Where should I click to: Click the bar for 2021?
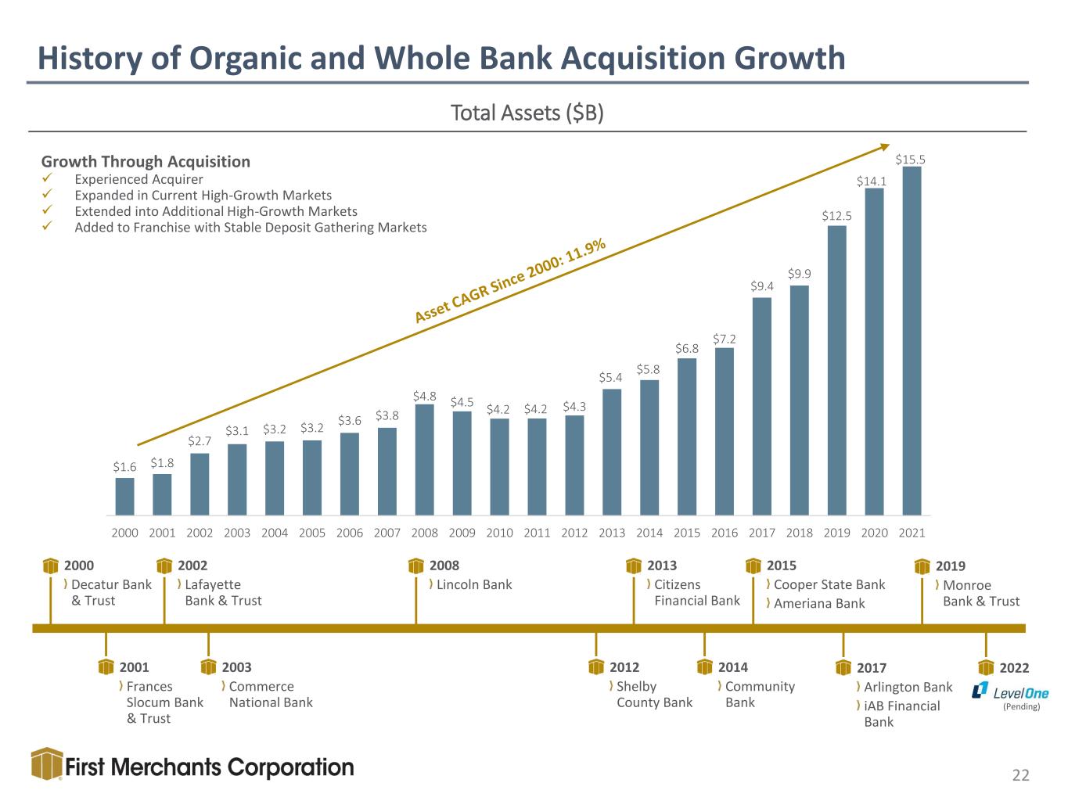pyautogui.click(x=912, y=340)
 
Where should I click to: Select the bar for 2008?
pyautogui.click(x=424, y=460)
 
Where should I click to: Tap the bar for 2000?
pyautogui.click(x=124, y=497)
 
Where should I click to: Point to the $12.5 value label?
pyautogui.click(x=836, y=215)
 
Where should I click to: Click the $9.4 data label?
pyautogui.click(x=761, y=286)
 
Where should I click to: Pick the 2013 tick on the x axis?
pyautogui.click(x=612, y=533)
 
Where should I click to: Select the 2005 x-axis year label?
pyautogui.click(x=312, y=533)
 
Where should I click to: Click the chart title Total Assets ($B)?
pyautogui.click(x=527, y=113)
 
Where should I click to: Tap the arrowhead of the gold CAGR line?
pyautogui.click(x=885, y=147)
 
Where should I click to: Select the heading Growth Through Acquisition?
pyautogui.click(x=146, y=161)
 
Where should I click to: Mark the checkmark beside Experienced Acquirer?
pyautogui.click(x=47, y=178)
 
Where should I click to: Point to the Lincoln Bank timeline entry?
pyautogui.click(x=474, y=584)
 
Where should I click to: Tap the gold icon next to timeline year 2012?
pyautogui.click(x=596, y=666)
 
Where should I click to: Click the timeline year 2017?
pyautogui.click(x=872, y=668)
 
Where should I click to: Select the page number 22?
pyautogui.click(x=1020, y=775)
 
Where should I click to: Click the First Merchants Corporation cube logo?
pyautogui.click(x=47, y=764)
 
